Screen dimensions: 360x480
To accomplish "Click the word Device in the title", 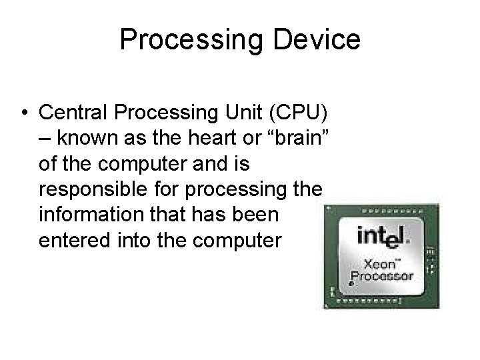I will point(320,39).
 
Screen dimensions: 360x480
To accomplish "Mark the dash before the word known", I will point(45,138).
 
